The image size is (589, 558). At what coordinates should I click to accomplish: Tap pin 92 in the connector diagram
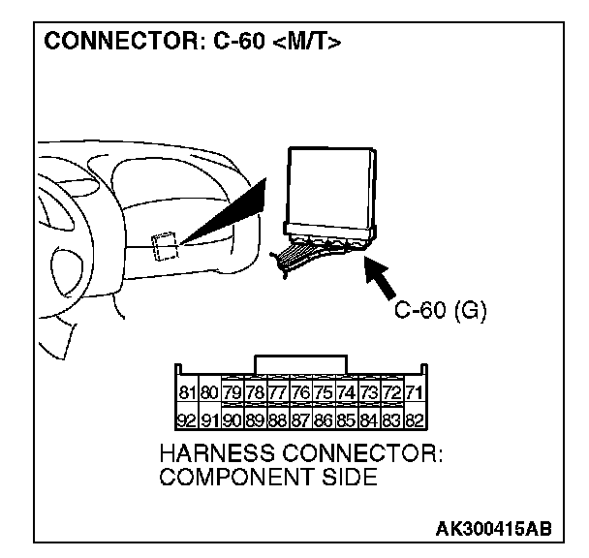pyautogui.click(x=187, y=421)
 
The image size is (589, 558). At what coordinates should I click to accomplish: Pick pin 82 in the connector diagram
pyautogui.click(x=413, y=421)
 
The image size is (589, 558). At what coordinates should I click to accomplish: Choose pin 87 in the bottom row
pyautogui.click(x=300, y=421)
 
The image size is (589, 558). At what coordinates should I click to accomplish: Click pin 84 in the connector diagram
pyautogui.click(x=368, y=421)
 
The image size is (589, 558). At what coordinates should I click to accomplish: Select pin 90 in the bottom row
pyautogui.click(x=232, y=421)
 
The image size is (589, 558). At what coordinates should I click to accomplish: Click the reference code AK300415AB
pyautogui.click(x=493, y=529)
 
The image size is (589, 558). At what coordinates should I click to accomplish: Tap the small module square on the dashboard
pyautogui.click(x=164, y=244)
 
